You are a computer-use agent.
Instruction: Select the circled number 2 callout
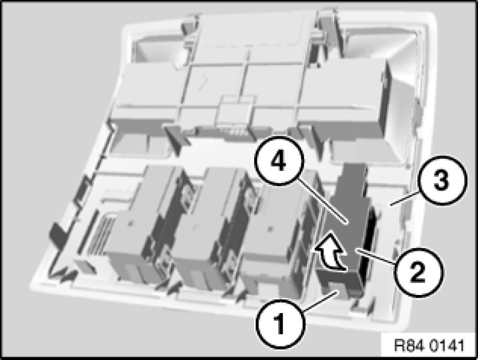(418, 272)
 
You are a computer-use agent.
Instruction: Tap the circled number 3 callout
(442, 180)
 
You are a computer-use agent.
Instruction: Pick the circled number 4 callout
(279, 161)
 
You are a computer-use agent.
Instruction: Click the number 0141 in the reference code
(448, 346)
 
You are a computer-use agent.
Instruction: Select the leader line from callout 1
(320, 301)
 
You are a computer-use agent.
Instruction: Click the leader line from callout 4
(322, 202)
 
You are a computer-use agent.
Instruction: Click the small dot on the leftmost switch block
(131, 224)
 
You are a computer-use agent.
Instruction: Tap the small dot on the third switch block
(269, 228)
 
